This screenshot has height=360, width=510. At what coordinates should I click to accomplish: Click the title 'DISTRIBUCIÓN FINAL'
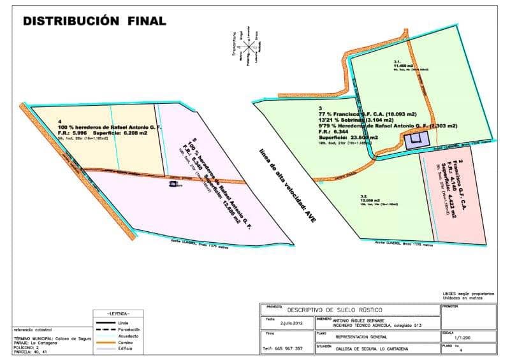(94, 20)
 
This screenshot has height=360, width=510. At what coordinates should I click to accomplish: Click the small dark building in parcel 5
(173, 185)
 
